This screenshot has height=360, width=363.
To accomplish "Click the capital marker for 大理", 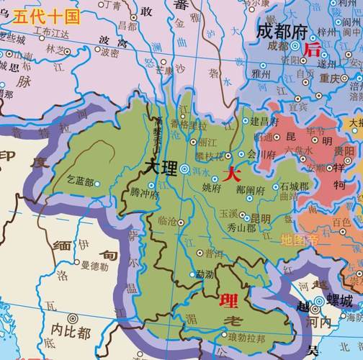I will pyautogui.click(x=185, y=168).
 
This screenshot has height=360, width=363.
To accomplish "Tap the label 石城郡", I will pyautogui.click(x=294, y=186).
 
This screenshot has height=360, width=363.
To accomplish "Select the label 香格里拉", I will pyautogui.click(x=189, y=124).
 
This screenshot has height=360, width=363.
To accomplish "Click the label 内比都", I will pyautogui.click(x=71, y=333).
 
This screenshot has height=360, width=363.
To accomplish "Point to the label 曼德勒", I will pyautogui.click(x=94, y=266).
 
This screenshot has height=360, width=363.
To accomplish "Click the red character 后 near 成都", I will pyautogui.click(x=313, y=50).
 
